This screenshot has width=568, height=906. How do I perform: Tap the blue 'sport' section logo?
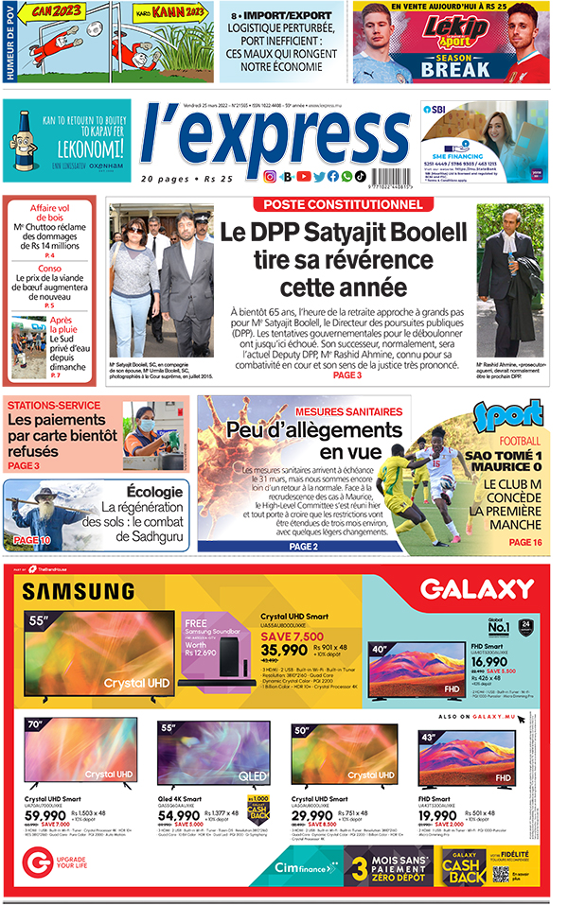(520, 416)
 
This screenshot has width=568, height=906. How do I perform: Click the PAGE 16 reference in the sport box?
(525, 542)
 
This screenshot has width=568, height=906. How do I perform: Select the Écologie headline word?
(153, 491)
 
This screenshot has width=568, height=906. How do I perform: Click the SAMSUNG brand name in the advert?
(78, 592)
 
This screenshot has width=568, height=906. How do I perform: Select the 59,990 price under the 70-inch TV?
(45, 814)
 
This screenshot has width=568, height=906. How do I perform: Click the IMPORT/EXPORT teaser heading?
(285, 17)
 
